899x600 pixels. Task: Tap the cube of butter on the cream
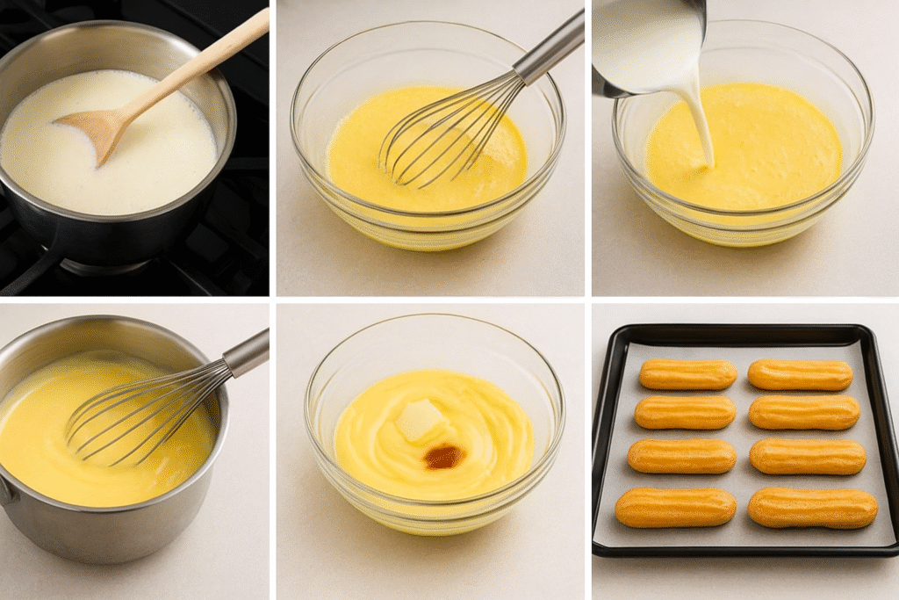419,420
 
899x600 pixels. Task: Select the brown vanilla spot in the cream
443,456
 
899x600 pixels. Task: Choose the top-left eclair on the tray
687,374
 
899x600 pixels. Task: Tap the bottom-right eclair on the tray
812,508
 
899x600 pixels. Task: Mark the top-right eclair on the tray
800,375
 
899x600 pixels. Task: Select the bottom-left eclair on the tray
675,507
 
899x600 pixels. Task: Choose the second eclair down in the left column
685,412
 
